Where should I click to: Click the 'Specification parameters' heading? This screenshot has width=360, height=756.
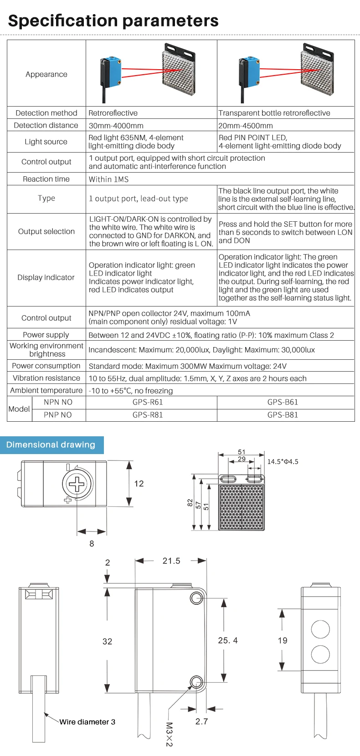pos(113,21)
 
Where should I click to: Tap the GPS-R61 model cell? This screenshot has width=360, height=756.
pos(147,402)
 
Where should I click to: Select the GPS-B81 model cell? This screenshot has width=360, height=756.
pos(283,415)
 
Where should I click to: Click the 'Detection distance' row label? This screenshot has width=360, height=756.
pos(46,125)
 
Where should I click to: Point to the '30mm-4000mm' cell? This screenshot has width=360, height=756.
pos(116,126)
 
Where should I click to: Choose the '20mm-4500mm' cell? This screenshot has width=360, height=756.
pos(246,126)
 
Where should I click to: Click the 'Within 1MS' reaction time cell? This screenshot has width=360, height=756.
pos(108,179)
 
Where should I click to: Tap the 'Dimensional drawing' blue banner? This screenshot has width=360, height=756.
pos(51,445)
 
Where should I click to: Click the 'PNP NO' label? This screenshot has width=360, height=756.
pos(58,415)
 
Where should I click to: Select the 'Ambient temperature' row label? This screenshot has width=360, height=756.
pos(46,390)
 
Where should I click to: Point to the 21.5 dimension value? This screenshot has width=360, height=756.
pos(171,561)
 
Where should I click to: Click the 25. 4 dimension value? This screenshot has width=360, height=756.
pos(228,640)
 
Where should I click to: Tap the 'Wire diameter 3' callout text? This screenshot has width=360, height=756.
pos(87,722)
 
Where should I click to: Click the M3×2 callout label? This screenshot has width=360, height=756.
pos(169,734)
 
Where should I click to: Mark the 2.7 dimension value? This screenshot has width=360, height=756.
pos(201,721)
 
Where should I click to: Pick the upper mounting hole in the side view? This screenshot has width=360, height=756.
pos(196,598)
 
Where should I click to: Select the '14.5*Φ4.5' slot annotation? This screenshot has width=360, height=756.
pos(283,462)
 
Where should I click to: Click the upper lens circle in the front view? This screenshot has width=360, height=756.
pos(320,629)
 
